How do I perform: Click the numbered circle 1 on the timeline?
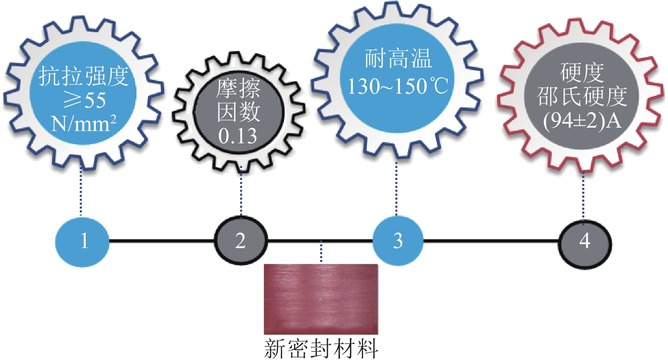(82, 241)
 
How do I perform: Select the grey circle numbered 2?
(240, 241)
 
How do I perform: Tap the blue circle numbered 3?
(397, 241)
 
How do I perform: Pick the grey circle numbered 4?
(584, 241)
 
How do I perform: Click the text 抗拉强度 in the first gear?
(84, 77)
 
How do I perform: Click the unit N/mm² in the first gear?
(84, 124)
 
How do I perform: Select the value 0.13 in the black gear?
(238, 137)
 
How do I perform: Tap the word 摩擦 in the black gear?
(238, 89)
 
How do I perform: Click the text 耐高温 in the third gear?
(398, 59)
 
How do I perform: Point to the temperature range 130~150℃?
(397, 86)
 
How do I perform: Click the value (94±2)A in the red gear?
(582, 121)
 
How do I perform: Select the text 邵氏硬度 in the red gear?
(582, 97)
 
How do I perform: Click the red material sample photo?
(321, 299)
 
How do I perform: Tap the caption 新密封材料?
(321, 349)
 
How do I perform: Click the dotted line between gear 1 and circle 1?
(81, 191)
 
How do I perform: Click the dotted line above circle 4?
(583, 195)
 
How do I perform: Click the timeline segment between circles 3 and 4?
(490, 241)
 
